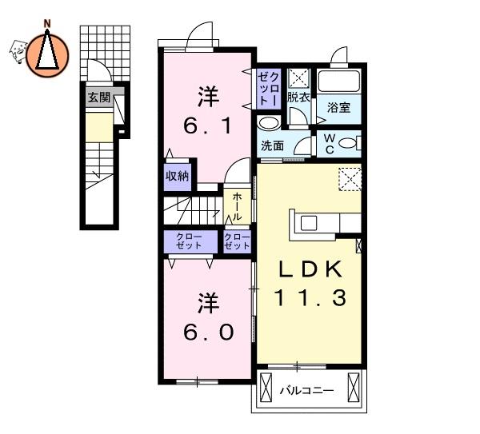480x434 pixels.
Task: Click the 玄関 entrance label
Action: point(99,98)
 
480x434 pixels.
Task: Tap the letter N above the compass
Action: point(47,24)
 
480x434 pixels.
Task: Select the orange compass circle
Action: point(47,56)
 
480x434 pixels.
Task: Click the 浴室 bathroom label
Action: point(339,107)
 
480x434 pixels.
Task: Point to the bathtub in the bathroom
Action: point(338,81)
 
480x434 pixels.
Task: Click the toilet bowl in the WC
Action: point(348,143)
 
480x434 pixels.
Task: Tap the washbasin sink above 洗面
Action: point(268,123)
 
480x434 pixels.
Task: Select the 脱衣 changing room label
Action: point(298,98)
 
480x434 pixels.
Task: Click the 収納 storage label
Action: point(178,176)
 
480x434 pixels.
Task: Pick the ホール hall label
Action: point(237,206)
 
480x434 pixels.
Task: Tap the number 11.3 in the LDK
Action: point(311,297)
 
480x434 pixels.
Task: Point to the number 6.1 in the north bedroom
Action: point(208,125)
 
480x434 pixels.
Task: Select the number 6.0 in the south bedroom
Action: point(208,332)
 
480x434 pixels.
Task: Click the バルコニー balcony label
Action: point(307,391)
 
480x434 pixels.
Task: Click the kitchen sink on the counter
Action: point(309,223)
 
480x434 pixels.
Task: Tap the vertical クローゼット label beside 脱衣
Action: point(269,89)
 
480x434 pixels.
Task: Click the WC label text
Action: point(330,144)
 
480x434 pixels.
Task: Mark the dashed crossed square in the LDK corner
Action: point(350,179)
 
